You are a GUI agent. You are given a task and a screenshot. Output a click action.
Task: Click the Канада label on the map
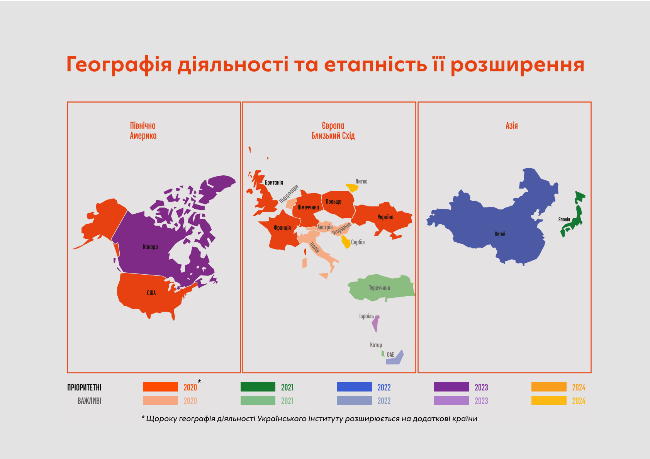tap(150, 247)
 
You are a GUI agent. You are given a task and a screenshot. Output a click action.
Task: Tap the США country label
tap(151, 293)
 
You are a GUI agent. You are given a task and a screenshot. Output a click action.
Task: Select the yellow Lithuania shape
tap(352, 188)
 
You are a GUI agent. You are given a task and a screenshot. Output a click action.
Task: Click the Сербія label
tap(358, 242)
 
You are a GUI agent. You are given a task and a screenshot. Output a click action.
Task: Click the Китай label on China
tap(500, 234)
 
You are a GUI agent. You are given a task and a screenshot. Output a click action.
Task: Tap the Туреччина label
tap(379, 288)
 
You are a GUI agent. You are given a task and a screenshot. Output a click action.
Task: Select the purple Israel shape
tap(375, 323)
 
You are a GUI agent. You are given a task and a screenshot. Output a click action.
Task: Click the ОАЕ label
tap(390, 355)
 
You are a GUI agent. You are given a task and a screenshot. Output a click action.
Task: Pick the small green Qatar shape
tap(383, 353)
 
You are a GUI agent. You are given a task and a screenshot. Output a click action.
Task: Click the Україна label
tap(385, 217)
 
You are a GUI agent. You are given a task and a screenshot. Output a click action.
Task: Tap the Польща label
tap(333, 202)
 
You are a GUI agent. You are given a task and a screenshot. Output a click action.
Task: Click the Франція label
tap(282, 228)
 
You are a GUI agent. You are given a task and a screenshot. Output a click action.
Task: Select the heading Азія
tap(511, 126)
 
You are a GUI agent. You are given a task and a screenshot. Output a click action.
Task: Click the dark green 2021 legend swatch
tap(258, 387)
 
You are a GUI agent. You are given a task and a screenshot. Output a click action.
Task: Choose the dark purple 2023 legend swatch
tap(451, 387)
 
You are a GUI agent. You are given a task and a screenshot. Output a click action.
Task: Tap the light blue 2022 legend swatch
tap(354, 400)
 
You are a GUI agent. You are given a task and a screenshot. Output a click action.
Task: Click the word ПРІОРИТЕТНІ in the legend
tap(84, 388)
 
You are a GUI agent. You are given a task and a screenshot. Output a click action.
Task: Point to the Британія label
tap(274, 182)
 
